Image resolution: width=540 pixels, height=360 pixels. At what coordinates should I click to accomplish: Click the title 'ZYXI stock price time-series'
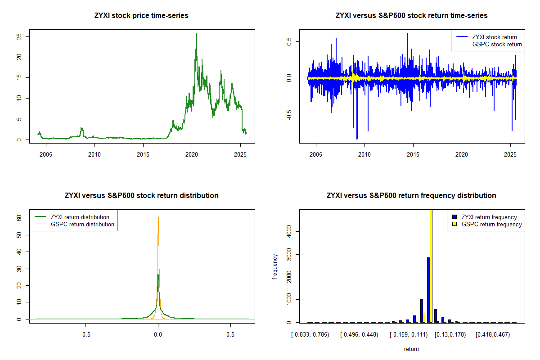[141, 16]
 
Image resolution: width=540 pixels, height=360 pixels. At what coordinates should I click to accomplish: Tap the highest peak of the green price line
[196, 34]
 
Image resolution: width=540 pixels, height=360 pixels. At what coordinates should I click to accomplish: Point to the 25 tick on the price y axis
[19, 36]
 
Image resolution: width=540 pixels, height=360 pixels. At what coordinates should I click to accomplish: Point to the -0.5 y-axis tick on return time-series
[289, 115]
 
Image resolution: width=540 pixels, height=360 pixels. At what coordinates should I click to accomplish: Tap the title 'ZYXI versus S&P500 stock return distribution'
[141, 196]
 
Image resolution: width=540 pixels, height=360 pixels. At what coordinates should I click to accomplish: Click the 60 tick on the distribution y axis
[19, 217]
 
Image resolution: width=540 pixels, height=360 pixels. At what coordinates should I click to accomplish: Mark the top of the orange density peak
[158, 216]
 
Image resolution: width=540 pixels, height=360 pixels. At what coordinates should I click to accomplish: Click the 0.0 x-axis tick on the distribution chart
[157, 335]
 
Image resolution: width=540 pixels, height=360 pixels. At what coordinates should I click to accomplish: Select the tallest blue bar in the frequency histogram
[428, 290]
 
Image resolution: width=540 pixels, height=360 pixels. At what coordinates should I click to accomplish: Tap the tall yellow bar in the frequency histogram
[431, 265]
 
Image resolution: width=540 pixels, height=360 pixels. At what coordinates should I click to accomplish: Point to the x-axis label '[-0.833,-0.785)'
[310, 335]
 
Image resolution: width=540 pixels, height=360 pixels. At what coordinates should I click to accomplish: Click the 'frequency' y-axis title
[275, 266]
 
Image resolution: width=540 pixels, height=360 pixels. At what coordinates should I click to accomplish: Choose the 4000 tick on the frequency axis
[289, 231]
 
